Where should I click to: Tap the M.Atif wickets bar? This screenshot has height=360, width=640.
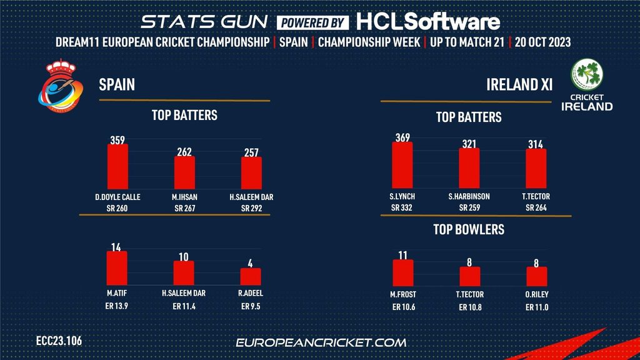[117, 269]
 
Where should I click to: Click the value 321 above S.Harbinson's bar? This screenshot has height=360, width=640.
[469, 143]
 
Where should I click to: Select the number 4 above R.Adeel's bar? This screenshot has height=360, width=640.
[251, 263]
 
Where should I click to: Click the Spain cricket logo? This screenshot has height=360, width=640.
[59, 90]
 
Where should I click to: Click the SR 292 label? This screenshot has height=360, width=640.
[251, 208]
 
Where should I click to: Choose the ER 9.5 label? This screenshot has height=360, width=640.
[251, 307]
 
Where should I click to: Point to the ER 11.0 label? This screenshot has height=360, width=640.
[536, 307]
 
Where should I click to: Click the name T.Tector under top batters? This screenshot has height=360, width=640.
[536, 197]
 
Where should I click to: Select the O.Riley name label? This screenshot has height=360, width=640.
[536, 295]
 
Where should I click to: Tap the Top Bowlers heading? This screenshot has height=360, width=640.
[469, 229]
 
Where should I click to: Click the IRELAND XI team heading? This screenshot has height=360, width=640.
[519, 84]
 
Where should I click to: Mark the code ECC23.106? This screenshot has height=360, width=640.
[59, 341]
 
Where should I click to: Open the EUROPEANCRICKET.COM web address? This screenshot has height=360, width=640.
[321, 342]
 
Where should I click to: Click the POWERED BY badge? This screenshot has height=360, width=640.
[313, 22]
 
